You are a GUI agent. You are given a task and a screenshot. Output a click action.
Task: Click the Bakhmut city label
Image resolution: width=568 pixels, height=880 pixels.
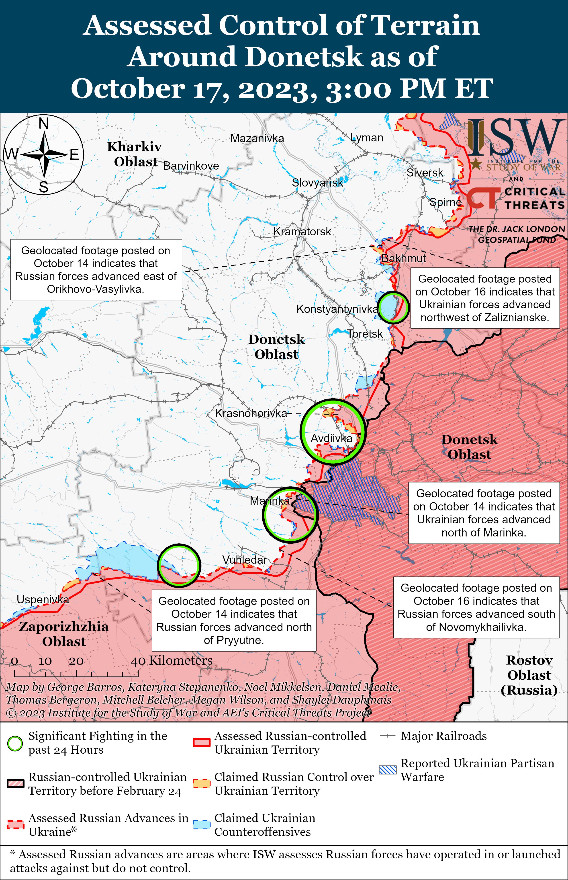pos(403,258)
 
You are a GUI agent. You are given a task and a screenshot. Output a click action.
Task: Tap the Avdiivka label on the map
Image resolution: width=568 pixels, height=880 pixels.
pos(331,438)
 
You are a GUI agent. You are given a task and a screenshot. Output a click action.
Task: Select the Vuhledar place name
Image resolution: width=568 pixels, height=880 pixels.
pos(244,560)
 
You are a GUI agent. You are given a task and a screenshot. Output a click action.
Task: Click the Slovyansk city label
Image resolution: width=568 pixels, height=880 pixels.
pos(317,183)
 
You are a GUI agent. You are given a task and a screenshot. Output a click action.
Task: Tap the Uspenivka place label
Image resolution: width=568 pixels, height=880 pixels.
pos(43,600)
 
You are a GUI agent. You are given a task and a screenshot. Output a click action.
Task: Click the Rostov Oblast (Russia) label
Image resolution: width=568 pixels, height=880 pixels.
pos(529,675)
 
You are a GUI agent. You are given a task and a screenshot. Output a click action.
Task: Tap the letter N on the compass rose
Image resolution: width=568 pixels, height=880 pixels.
pos(43,124)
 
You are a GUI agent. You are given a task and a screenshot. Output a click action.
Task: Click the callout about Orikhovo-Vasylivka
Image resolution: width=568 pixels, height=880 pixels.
pos(96,270)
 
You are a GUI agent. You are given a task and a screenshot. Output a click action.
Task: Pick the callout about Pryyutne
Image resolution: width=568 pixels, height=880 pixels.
pos(234,620)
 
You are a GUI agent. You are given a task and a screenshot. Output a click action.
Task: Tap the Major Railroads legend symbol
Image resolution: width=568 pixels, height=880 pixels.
pos(388,736)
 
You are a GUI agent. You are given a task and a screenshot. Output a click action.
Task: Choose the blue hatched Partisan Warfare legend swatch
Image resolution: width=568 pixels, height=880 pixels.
pos(388,770)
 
